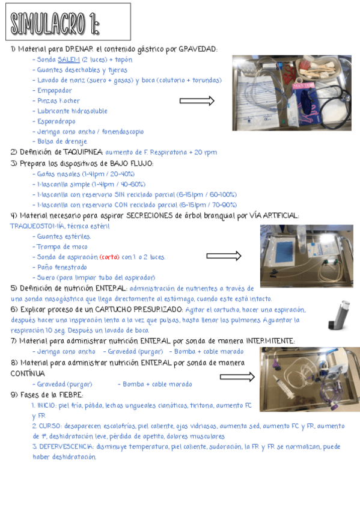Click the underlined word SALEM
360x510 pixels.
[69, 60]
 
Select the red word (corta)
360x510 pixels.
[109, 257]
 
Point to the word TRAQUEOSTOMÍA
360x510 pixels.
[32, 226]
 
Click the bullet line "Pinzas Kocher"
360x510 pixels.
[58, 100]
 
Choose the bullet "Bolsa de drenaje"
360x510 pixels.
[62, 141]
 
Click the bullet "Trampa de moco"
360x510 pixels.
[63, 247]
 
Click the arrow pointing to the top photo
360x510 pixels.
[197, 101]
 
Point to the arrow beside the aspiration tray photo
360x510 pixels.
[223, 256]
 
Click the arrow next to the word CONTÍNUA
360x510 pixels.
[237, 376]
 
